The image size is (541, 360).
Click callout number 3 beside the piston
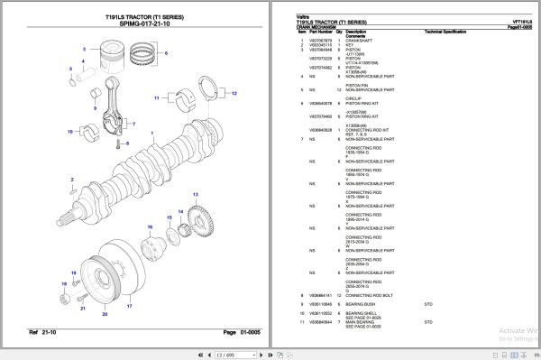[84, 49]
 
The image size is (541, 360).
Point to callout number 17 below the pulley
[129, 306]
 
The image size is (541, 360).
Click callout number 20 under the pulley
[105, 315]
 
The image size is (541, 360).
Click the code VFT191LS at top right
[522, 20]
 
